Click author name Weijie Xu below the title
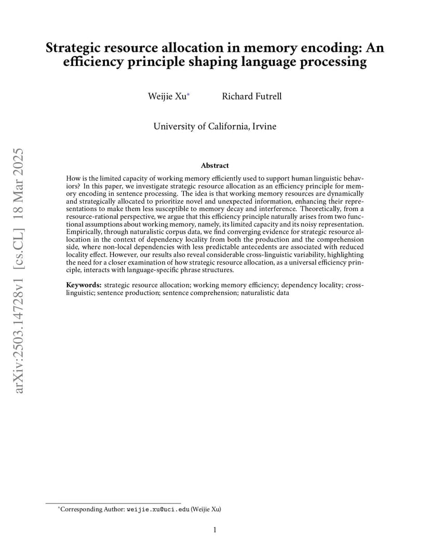tap(167, 96)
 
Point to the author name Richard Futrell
tap(252, 96)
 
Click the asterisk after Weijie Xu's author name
tap(189, 95)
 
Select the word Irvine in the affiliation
tap(264, 126)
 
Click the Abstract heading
tap(214, 165)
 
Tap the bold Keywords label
tap(84, 285)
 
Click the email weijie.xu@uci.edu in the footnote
tap(158, 509)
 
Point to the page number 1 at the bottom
tap(215, 529)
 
